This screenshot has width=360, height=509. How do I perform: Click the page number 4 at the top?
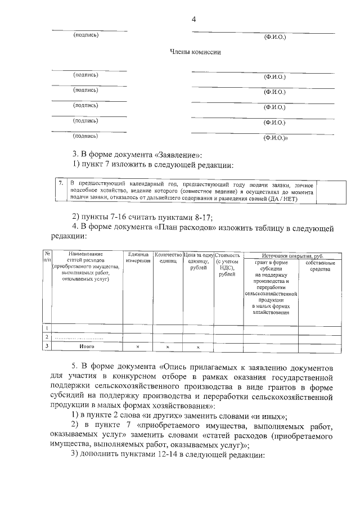click(x=193, y=19)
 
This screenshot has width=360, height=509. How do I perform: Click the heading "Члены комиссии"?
click(x=195, y=52)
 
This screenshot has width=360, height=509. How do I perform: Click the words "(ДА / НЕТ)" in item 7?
click(x=283, y=199)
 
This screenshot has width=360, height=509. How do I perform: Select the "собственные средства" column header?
click(x=320, y=266)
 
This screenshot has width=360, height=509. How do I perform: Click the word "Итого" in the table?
click(x=86, y=347)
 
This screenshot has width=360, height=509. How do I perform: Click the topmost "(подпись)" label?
click(x=85, y=35)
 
